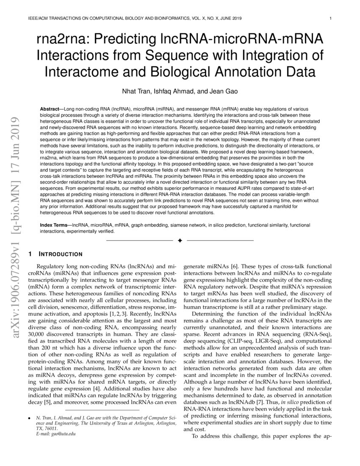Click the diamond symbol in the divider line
180,241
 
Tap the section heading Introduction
61,254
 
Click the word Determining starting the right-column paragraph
211,314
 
